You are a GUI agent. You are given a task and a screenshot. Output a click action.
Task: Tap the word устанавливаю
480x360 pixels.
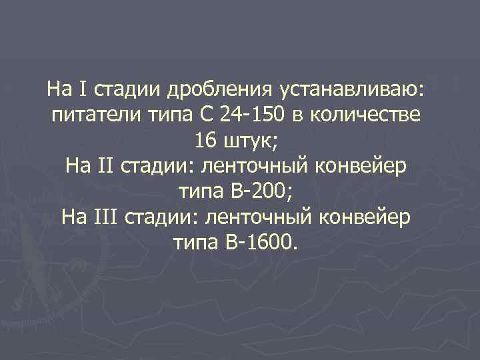point(355,89)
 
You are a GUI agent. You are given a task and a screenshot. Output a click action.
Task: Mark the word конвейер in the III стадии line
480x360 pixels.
point(371,217)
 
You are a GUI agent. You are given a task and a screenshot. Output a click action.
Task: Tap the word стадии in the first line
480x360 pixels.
point(128,89)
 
